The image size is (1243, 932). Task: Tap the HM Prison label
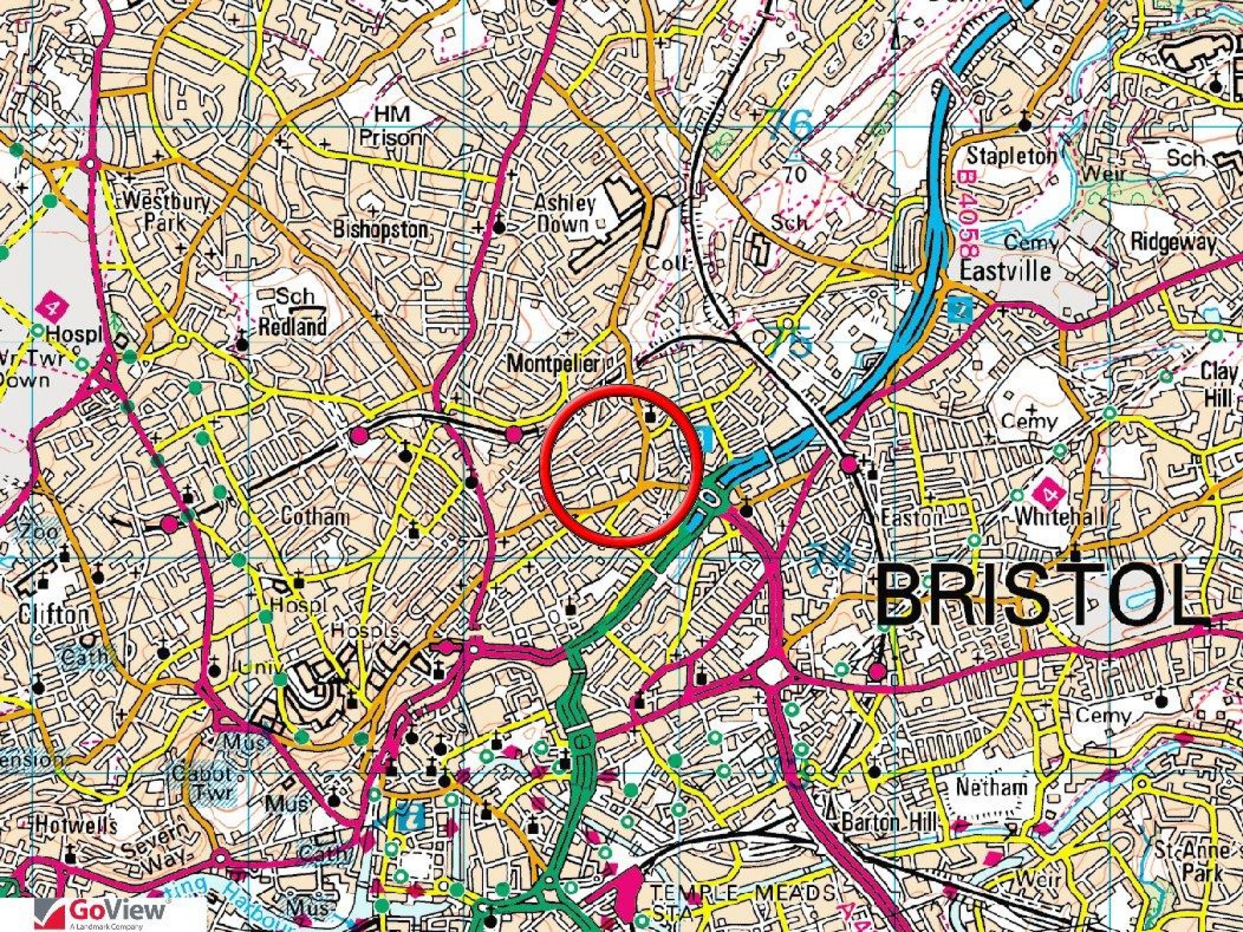[x=391, y=126]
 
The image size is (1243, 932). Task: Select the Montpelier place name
[x=554, y=363]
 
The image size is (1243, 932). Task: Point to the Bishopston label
[x=380, y=229]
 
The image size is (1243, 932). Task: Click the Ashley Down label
[x=564, y=213]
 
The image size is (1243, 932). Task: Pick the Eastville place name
[x=1005, y=270]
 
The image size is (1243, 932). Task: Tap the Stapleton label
[x=1011, y=156]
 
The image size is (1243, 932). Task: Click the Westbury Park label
[x=166, y=211]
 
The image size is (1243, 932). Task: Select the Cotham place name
[x=315, y=516]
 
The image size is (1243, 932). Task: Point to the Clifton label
[x=54, y=614]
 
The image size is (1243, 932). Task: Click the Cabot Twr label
[x=202, y=782]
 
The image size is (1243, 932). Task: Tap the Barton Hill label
[x=889, y=822]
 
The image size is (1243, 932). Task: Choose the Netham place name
[x=991, y=786]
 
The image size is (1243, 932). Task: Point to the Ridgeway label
[x=1173, y=242]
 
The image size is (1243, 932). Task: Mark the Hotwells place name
[x=76, y=824]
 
